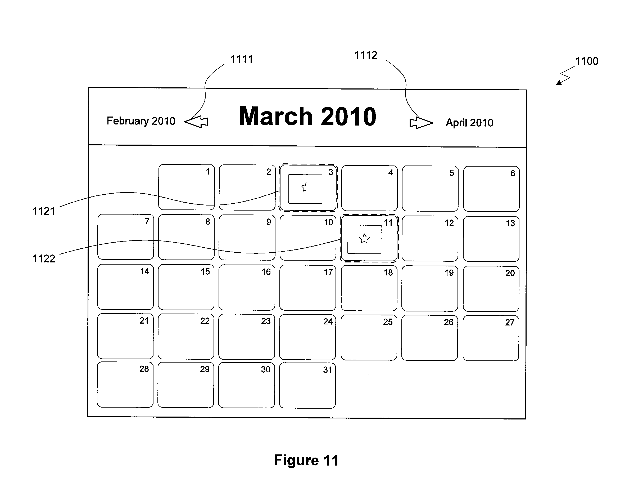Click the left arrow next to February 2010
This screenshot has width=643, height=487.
point(196,121)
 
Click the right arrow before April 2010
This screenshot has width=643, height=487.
point(421,123)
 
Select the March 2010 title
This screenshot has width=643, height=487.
point(307,116)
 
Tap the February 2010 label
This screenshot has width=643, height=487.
point(141,121)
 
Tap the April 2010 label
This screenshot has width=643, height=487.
point(469,122)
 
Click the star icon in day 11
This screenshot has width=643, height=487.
point(364,239)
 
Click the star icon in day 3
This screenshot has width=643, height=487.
point(304,187)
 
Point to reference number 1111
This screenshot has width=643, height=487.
point(242,59)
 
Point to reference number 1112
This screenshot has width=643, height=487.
point(366,55)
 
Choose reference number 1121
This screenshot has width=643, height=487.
point(44,211)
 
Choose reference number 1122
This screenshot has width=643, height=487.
point(44,259)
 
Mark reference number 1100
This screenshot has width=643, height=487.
point(587,61)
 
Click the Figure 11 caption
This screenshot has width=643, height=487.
point(306,460)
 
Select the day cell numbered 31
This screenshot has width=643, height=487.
point(307,385)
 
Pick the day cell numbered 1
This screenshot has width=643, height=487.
point(187,187)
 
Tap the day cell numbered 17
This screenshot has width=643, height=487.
point(307,288)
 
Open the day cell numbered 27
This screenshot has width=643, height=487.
point(491,338)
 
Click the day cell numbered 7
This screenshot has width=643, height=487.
point(126,237)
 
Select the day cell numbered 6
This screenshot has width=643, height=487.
point(492,189)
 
